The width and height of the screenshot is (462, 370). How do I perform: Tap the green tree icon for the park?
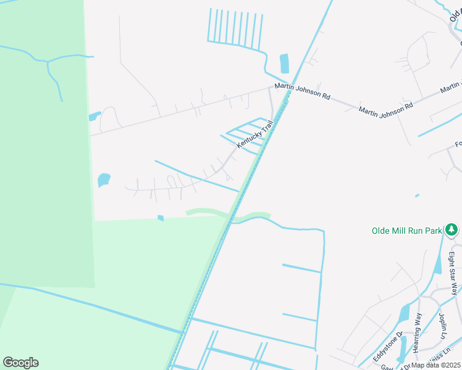click(x=452, y=230)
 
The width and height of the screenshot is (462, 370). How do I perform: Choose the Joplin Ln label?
click(x=443, y=326)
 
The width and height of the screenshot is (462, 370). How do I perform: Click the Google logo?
click(x=20, y=363)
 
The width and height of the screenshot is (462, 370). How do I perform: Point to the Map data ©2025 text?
click(x=436, y=365)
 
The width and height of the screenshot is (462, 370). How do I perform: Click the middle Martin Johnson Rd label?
click(x=386, y=109)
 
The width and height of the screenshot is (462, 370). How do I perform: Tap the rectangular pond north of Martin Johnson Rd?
click(x=285, y=64)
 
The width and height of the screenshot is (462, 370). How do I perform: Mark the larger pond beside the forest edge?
click(x=104, y=180)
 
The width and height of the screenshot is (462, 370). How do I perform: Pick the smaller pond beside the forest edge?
click(x=94, y=116)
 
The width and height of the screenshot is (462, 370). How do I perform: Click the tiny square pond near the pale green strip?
click(x=161, y=218)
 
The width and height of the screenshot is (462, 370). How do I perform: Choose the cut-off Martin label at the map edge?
click(x=451, y=88)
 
